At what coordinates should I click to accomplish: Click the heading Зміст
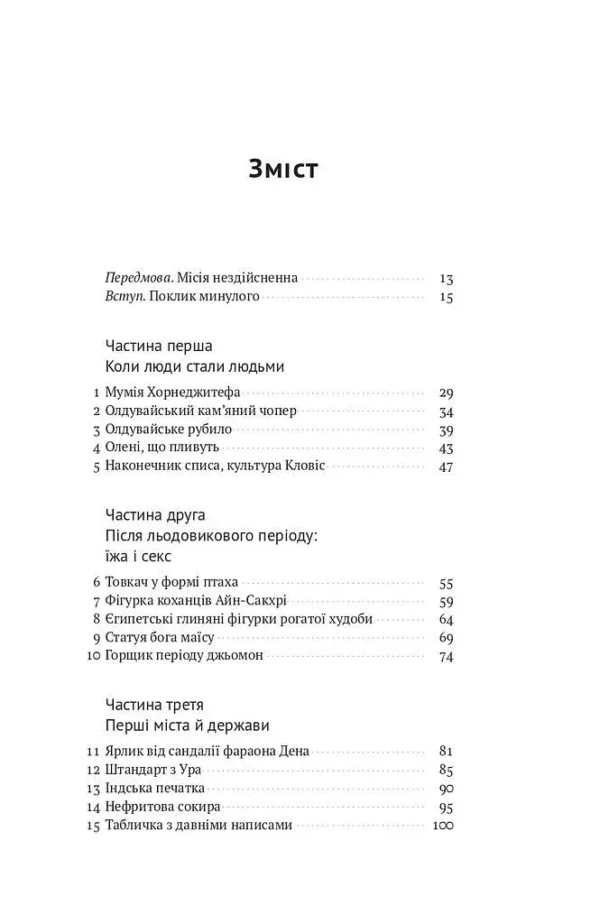pos(283,169)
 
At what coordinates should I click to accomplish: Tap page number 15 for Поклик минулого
pos(446,297)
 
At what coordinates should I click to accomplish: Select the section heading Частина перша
pos(159,346)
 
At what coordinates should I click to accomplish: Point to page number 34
pos(446,411)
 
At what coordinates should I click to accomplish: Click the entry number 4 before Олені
pos(96,448)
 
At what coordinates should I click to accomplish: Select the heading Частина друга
pos(155,515)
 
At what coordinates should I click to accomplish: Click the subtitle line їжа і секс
pos(138,557)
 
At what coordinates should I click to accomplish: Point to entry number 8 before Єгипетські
pos(96,620)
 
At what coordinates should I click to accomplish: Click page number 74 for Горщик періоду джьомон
pos(446,656)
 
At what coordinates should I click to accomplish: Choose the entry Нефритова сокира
pos(162,807)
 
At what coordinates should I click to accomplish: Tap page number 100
pos(443,826)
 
